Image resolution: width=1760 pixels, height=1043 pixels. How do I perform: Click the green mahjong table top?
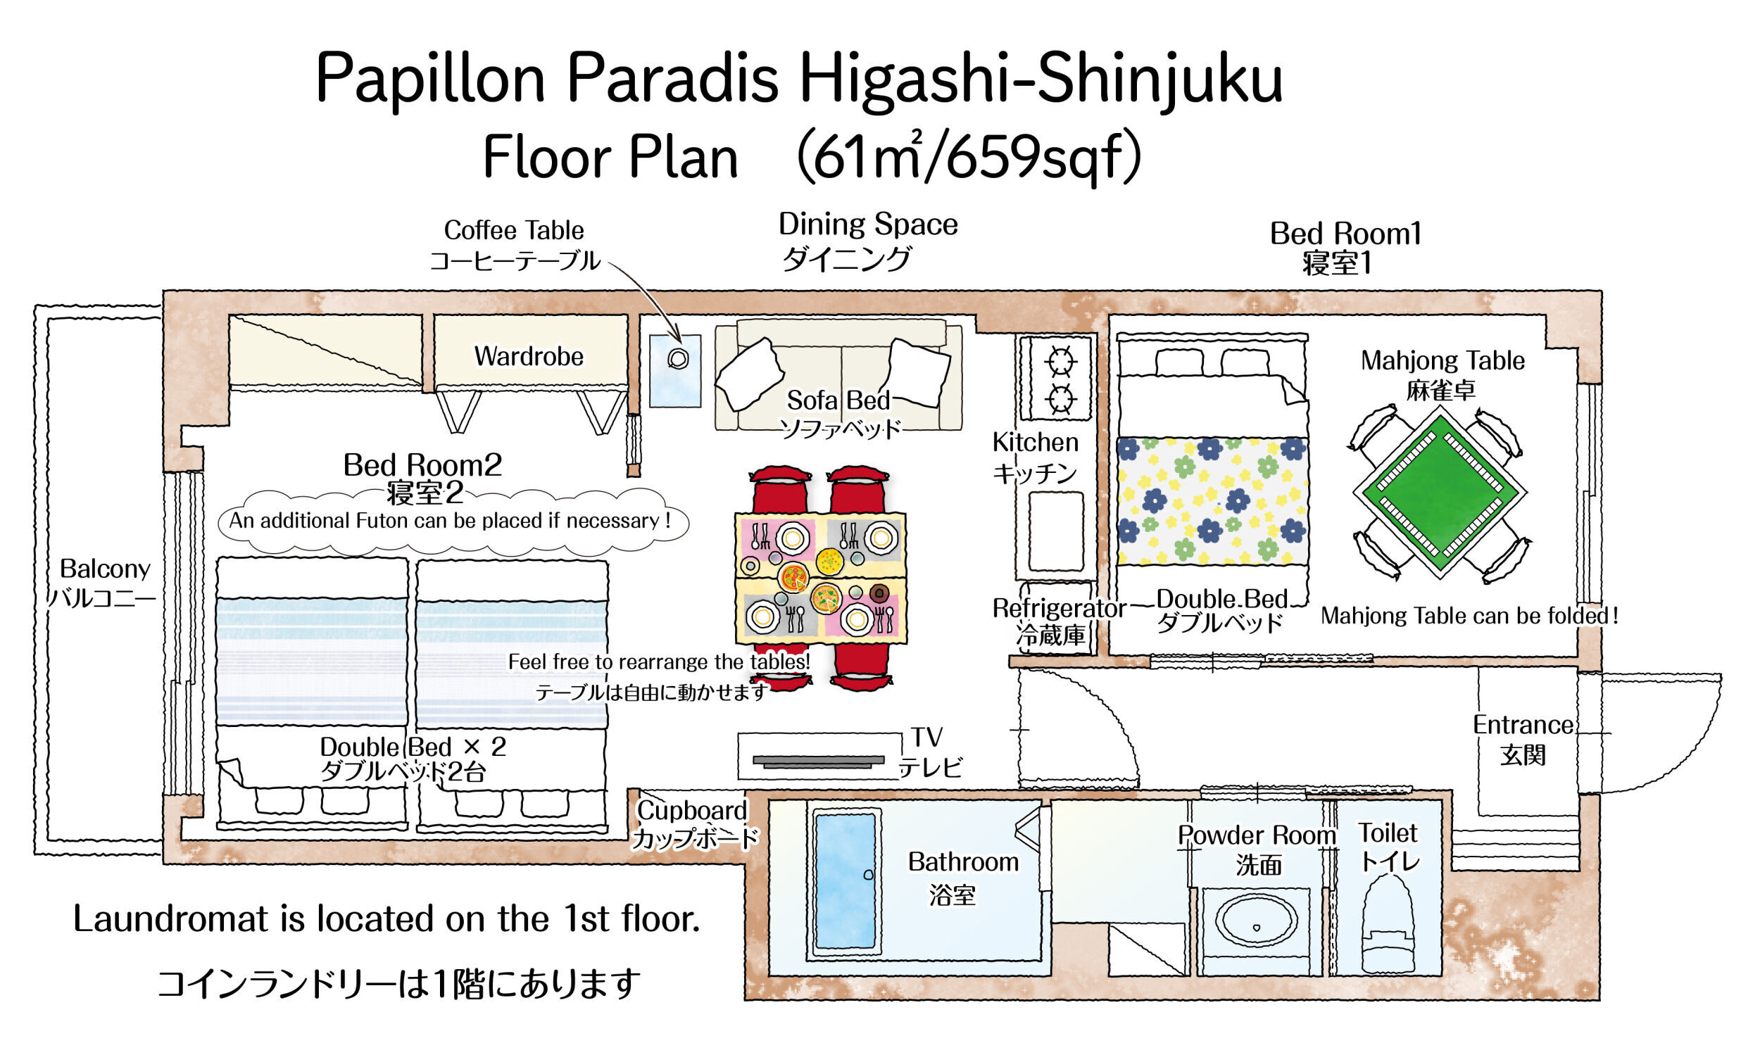pyautogui.click(x=1440, y=492)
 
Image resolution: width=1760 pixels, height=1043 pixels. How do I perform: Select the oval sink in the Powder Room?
pyautogui.click(x=1257, y=921)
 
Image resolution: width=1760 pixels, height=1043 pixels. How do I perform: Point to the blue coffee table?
pyautogui.click(x=675, y=371)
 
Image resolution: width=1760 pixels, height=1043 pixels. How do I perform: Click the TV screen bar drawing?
pyautogui.click(x=818, y=761)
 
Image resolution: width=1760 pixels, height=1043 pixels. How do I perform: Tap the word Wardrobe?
pyautogui.click(x=529, y=356)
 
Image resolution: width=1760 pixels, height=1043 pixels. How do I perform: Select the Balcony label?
pyautogui.click(x=105, y=568)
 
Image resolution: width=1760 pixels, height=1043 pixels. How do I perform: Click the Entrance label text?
pyautogui.click(x=1523, y=725)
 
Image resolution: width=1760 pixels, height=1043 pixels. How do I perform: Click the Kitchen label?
pyautogui.click(x=1035, y=442)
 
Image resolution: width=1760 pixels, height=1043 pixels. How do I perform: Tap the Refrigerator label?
pyautogui.click(x=1060, y=608)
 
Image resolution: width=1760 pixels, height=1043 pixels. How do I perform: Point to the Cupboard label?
pyautogui.click(x=692, y=810)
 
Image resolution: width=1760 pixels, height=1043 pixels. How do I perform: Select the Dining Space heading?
pyautogui.click(x=868, y=225)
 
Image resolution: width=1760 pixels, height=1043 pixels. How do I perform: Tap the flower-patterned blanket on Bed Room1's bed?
pyautogui.click(x=1212, y=500)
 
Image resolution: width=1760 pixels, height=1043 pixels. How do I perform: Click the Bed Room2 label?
pyautogui.click(x=422, y=464)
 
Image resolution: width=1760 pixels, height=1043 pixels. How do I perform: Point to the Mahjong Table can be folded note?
pyautogui.click(x=1469, y=616)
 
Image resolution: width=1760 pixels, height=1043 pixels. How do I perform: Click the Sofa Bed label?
pyautogui.click(x=838, y=400)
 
